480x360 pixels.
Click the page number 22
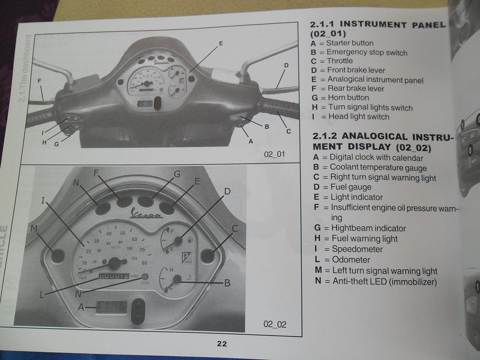221,344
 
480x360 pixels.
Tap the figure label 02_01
274,154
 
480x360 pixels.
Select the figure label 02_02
275,324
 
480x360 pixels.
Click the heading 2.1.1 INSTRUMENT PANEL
377,25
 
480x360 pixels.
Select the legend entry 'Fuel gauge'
350,187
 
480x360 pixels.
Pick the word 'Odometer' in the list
352,260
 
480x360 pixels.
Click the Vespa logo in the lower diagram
148,214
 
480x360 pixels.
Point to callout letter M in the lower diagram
35,228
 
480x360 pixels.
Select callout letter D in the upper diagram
286,65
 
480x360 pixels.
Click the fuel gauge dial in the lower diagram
172,241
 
